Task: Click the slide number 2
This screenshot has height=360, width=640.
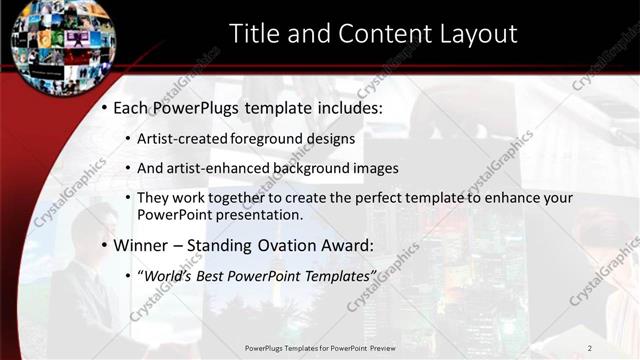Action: [x=590, y=347]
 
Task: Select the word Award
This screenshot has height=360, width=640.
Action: [x=351, y=245]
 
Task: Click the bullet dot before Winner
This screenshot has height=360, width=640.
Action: [x=103, y=246]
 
